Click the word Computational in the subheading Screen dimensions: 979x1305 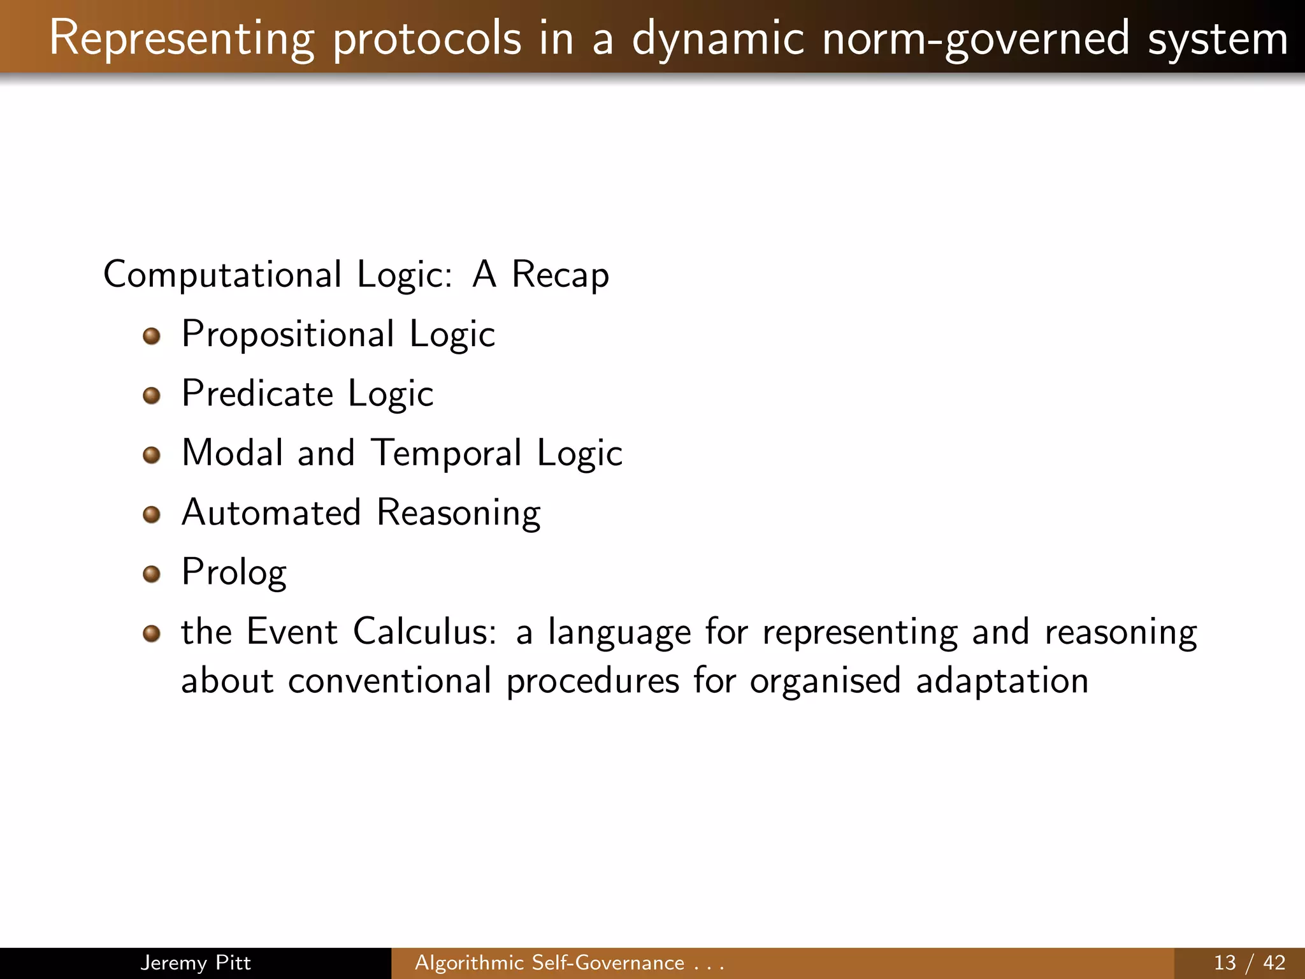[x=222, y=274]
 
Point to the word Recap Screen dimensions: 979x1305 [x=560, y=274]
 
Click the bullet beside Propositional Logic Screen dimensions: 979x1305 [x=151, y=336]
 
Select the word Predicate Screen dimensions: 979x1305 [x=257, y=393]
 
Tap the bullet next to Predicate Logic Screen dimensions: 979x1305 [x=151, y=396]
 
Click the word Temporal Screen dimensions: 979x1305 [x=446, y=453]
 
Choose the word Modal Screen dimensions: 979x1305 [x=232, y=453]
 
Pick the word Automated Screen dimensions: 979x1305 [x=271, y=512]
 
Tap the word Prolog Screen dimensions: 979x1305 [x=234, y=572]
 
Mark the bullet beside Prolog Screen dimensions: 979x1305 [x=151, y=574]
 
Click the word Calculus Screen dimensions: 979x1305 [x=424, y=632]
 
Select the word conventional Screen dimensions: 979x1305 [x=389, y=681]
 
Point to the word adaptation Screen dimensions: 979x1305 [x=1002, y=681]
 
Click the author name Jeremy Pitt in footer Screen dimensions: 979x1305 [x=195, y=962]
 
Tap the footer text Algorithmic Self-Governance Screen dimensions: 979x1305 [x=549, y=962]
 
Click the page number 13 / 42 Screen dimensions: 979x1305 [x=1249, y=962]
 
